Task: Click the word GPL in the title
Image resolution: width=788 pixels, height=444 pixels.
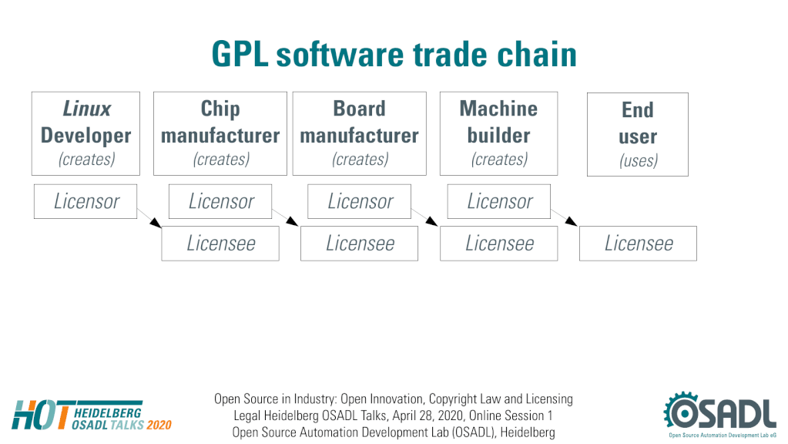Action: tap(240, 54)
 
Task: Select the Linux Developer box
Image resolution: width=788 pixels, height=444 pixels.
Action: tap(86, 134)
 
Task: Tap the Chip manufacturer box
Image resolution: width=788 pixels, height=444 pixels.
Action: tap(220, 134)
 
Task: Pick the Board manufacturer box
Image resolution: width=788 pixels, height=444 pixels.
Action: tap(359, 134)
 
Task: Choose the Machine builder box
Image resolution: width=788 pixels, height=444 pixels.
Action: tap(498, 134)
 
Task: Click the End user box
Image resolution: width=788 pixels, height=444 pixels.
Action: tap(638, 134)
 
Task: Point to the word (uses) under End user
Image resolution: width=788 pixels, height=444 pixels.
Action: tap(639, 161)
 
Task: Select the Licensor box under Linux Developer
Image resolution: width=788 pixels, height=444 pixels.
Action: tap(86, 202)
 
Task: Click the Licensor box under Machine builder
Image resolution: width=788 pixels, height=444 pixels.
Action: tap(499, 202)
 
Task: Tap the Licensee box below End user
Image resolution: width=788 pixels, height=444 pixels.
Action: tap(639, 244)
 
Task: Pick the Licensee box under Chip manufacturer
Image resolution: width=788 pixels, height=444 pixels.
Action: tap(220, 244)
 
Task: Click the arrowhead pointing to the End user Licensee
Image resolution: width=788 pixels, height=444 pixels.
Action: tap(571, 221)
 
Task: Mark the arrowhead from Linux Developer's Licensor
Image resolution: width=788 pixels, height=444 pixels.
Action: tap(156, 223)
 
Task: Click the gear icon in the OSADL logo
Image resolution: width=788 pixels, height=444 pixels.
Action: tap(681, 412)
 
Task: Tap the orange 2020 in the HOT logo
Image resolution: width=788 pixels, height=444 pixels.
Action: tap(159, 425)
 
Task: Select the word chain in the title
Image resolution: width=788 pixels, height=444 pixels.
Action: tap(537, 54)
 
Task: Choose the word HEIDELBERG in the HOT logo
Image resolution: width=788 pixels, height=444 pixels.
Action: tap(108, 413)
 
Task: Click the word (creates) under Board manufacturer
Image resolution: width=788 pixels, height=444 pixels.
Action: tap(360, 160)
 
